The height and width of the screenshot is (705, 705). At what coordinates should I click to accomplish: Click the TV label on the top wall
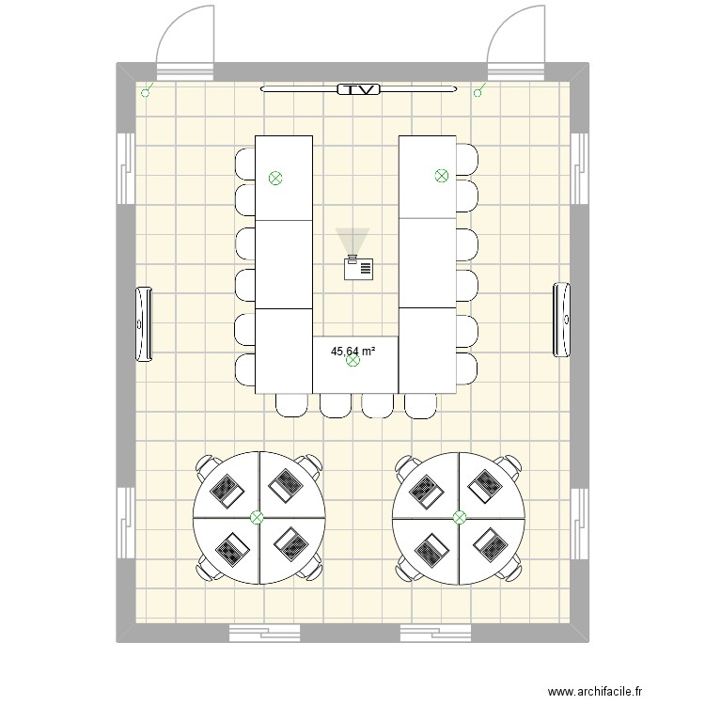tap(358, 90)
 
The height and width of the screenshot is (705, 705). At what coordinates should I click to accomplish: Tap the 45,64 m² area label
tap(352, 352)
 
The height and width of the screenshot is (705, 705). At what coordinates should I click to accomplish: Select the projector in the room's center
tap(358, 268)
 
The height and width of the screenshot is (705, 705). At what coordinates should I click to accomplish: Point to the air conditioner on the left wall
tap(145, 322)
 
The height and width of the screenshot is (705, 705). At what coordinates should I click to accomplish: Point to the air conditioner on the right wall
tap(561, 319)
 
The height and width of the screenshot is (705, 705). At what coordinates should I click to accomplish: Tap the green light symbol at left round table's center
tap(258, 517)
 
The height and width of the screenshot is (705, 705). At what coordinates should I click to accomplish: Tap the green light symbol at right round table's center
tap(460, 517)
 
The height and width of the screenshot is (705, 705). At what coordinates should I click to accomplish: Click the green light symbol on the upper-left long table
tap(275, 177)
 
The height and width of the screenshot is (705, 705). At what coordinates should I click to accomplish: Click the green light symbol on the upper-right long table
tap(441, 175)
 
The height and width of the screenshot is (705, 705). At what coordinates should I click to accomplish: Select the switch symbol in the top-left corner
tap(146, 92)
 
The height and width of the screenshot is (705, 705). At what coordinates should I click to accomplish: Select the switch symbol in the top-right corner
tap(480, 91)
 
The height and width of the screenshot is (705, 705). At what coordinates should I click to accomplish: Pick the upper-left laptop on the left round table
tap(227, 487)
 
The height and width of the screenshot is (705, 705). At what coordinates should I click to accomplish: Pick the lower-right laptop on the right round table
tap(489, 542)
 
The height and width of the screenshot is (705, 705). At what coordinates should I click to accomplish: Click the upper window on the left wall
tap(123, 166)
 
